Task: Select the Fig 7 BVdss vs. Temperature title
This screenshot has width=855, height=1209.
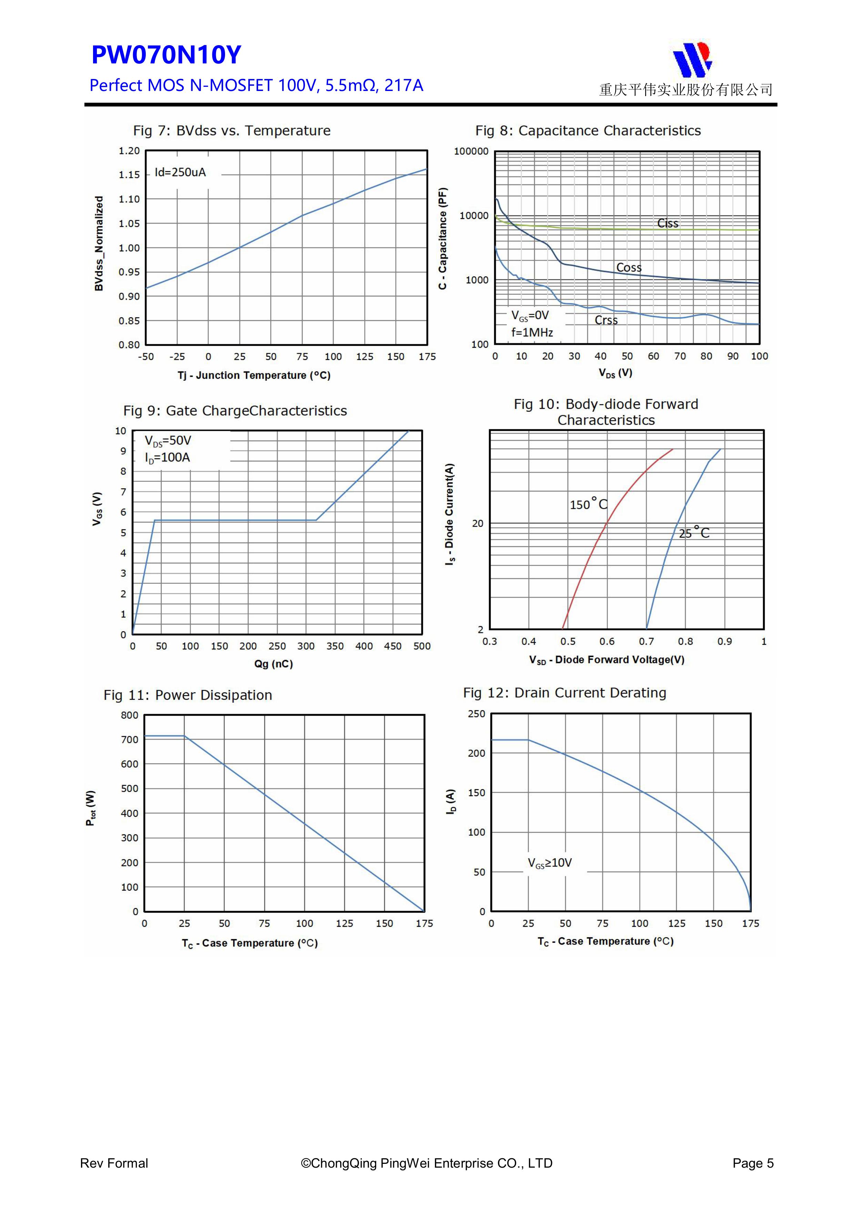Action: point(232,131)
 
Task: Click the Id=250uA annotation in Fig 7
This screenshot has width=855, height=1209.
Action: point(180,172)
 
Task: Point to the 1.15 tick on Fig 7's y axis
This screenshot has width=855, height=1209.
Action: point(129,175)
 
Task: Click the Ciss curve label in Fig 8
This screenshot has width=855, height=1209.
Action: point(668,223)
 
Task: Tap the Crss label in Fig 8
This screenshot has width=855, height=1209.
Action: point(606,320)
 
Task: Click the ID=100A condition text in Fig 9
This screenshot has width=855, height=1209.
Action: point(167,458)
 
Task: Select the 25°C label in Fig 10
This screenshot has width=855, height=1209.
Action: point(694,533)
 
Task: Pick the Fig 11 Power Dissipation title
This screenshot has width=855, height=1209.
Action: point(187,695)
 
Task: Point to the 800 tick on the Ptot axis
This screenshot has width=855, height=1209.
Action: point(130,715)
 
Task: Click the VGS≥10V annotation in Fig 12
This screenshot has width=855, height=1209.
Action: point(550,863)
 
